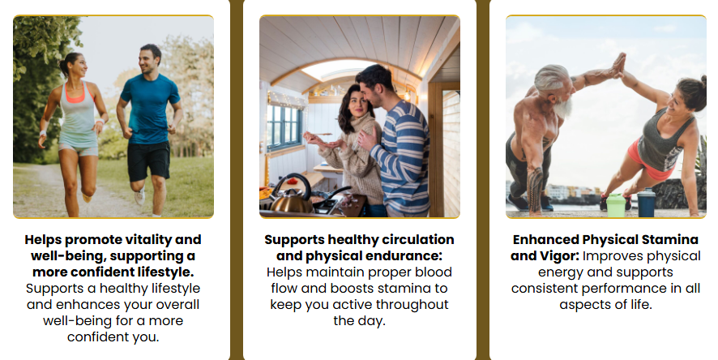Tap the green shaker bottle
tap(615, 205)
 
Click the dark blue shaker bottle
tap(646, 202)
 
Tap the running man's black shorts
tap(148, 161)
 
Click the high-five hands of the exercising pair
tap(619, 64)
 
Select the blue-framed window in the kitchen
tap(284, 126)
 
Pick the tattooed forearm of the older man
tap(534, 189)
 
